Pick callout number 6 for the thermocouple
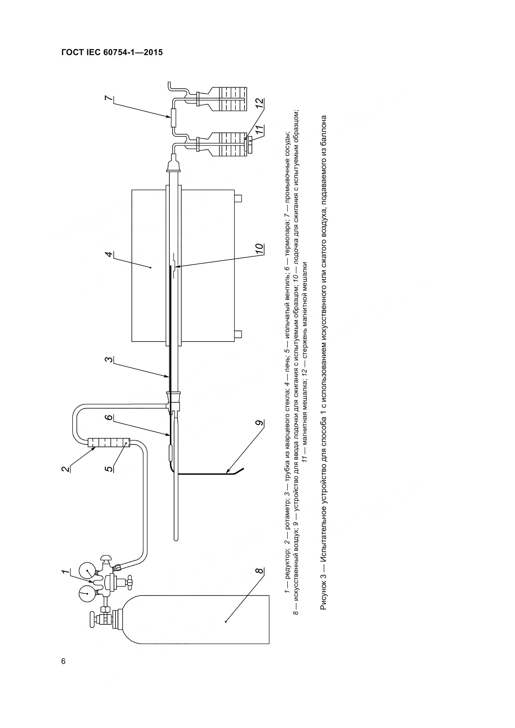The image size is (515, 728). [x=109, y=418]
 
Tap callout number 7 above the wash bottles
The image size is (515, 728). [x=109, y=98]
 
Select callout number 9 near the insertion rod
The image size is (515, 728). [x=259, y=423]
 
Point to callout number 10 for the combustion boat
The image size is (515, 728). [x=259, y=249]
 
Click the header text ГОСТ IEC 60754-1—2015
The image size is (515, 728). [x=112, y=52]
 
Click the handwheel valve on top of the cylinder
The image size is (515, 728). [x=92, y=619]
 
